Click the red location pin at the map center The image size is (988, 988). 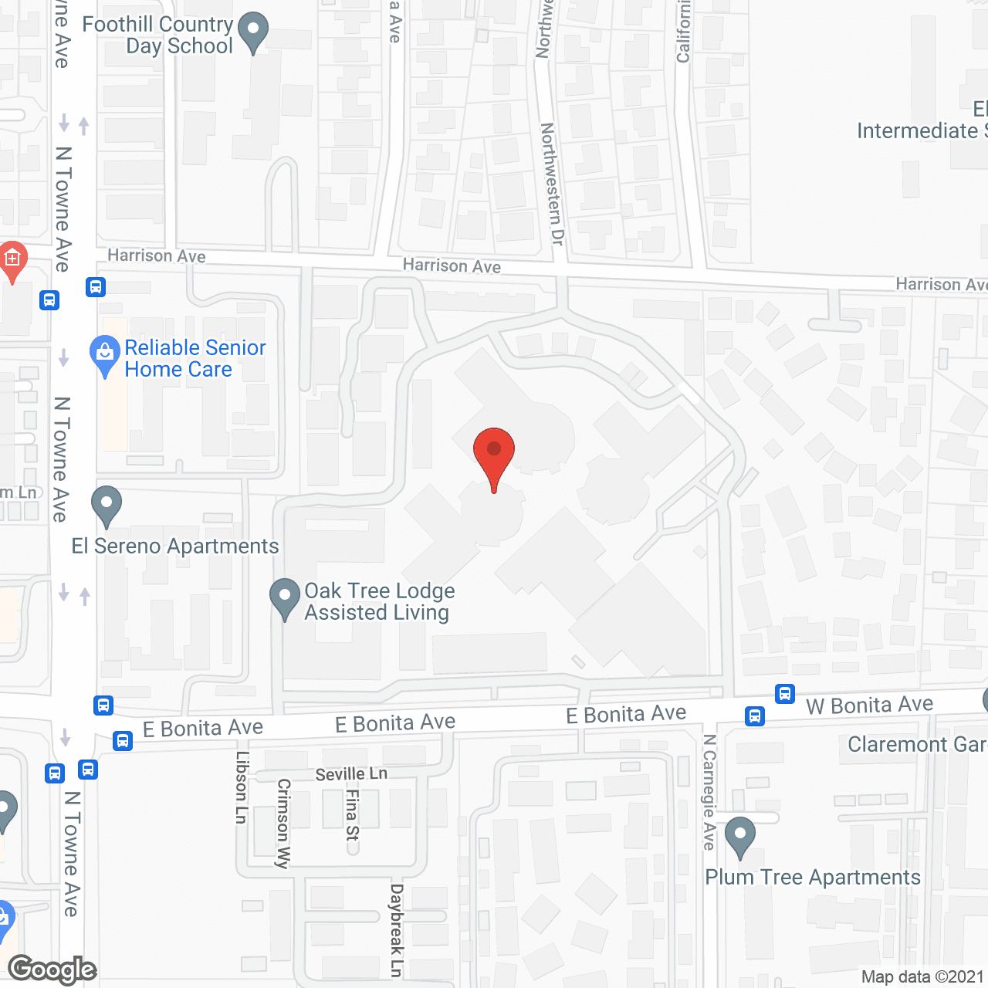point(494,452)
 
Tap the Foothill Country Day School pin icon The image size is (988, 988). point(252,32)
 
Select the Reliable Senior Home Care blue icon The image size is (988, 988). point(105,354)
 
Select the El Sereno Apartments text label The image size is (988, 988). point(175,546)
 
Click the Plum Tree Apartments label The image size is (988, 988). point(813,878)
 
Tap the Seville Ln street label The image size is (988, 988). point(351,773)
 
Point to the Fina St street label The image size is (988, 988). point(353,814)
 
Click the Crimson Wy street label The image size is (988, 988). point(283,823)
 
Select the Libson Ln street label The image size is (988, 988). point(242,787)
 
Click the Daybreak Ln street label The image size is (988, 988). point(397,930)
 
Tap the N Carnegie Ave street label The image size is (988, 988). point(709,792)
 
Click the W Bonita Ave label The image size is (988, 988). point(869,705)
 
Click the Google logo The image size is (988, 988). point(52,969)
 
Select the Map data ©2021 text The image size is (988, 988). point(922,977)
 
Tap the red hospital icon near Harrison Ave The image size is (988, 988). point(12,260)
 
